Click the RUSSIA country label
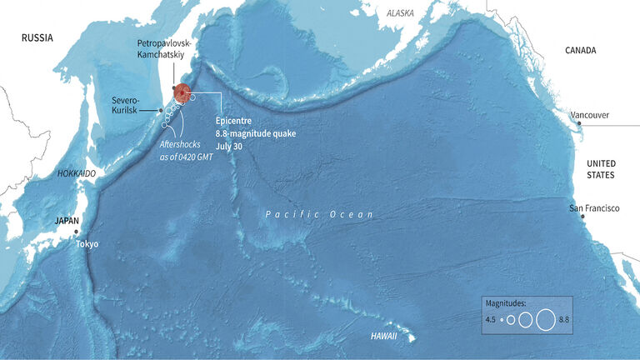point(37,37)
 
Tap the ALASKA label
point(400,13)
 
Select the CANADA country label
point(581,50)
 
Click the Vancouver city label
point(589,115)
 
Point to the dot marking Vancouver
point(578,123)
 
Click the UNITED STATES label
point(600,169)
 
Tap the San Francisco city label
point(594,207)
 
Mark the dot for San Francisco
point(582,216)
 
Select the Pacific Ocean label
point(319,214)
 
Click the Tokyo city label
point(87,244)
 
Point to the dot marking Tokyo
point(76,232)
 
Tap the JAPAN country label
point(67,221)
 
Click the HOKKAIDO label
point(77,173)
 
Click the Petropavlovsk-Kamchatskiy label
point(163,47)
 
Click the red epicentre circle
point(182,94)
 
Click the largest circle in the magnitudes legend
point(546,319)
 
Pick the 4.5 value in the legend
point(491,319)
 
